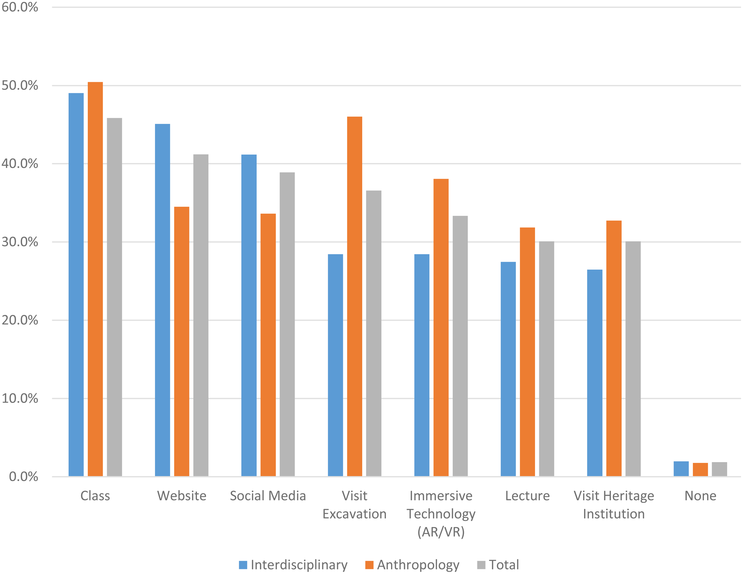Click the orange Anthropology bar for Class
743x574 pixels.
pos(95,279)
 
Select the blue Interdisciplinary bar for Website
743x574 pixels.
pos(163,300)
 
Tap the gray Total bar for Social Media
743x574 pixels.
pos(287,324)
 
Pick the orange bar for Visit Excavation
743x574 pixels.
pos(355,296)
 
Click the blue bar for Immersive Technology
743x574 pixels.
pos(422,365)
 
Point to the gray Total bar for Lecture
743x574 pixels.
pos(546,359)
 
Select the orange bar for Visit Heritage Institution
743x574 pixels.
pos(614,348)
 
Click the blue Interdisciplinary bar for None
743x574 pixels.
pos(681,469)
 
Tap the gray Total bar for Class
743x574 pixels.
pos(114,297)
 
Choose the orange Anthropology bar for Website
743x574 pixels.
pos(181,342)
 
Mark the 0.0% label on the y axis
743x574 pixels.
pos(23,476)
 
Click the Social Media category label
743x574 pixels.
pos(268,496)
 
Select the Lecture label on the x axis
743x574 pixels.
pos(527,496)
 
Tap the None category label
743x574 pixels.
pos(700,496)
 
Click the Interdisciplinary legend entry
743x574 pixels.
pos(293,565)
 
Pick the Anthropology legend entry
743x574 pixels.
pos(412,565)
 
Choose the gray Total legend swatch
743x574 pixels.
pos(481,565)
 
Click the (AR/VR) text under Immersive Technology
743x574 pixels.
pos(441,532)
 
